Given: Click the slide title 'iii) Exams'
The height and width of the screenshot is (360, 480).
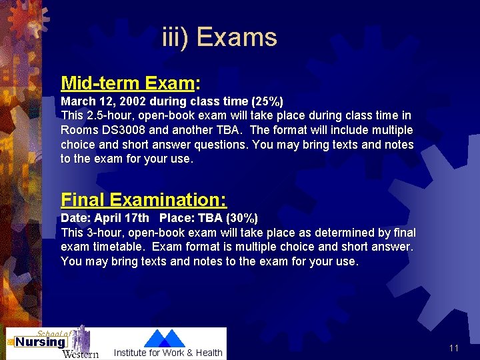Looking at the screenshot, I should [x=219, y=37].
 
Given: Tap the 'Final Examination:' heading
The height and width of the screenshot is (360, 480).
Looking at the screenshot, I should [x=143, y=199].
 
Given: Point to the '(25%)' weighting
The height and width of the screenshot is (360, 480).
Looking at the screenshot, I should [x=267, y=102].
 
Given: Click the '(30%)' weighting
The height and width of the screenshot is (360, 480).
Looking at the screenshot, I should [x=241, y=218].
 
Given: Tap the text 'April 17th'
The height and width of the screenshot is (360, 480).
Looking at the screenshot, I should [x=122, y=218].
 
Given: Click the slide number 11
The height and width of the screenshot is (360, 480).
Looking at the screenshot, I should [x=454, y=348].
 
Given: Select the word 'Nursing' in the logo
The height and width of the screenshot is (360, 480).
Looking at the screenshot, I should [x=40, y=342].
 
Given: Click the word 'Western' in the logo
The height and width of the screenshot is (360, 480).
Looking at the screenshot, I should [x=80, y=353].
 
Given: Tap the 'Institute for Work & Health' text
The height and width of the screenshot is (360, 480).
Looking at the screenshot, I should [x=168, y=353].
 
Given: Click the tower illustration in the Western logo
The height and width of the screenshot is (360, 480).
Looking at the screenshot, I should [x=81, y=337].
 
